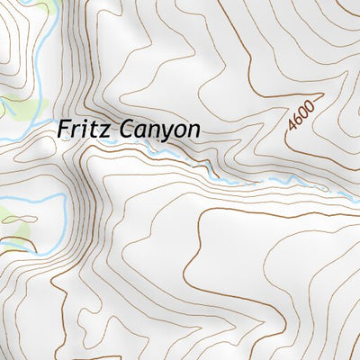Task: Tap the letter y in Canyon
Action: [x=161, y=134]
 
